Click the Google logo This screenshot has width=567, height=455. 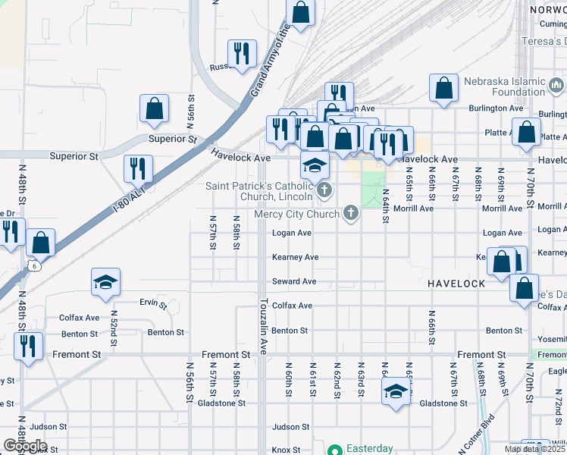click(24, 446)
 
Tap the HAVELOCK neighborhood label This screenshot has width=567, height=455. click(456, 283)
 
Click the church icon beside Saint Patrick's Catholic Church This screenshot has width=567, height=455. click(324, 190)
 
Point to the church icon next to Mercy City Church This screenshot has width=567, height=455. click(350, 214)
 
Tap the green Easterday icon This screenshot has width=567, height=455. click(334, 449)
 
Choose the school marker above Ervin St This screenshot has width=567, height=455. click(105, 281)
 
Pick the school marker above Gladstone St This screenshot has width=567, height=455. click(395, 391)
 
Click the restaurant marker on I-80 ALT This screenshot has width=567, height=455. click(138, 167)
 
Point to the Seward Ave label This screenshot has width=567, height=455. click(294, 281)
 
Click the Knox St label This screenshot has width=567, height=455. click(287, 450)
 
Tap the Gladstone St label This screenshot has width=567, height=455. click(443, 403)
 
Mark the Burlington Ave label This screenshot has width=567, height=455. click(496, 108)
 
